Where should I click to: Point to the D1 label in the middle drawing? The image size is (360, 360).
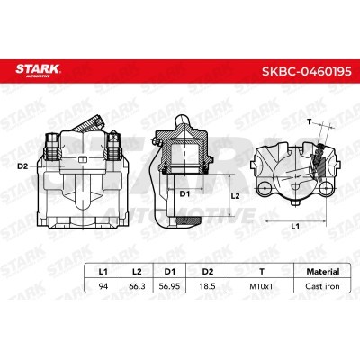coord(184,192)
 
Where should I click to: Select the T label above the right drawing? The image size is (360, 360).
coord(310,120)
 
